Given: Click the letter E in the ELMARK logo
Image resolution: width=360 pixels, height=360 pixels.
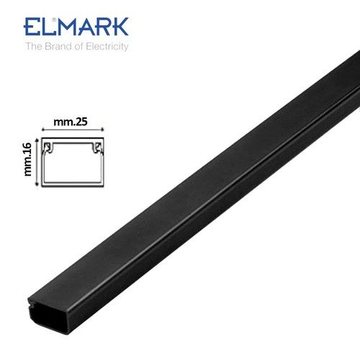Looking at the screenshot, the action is tap(32, 27).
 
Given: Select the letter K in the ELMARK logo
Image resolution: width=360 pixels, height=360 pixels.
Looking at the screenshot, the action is tap(120, 27).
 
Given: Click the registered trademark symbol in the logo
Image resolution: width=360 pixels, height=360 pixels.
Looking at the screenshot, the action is tap(54, 19).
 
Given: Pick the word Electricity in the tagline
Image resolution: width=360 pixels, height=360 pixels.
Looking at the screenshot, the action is tap(107, 46).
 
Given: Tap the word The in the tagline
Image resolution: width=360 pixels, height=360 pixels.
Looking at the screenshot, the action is tap(34, 46).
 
